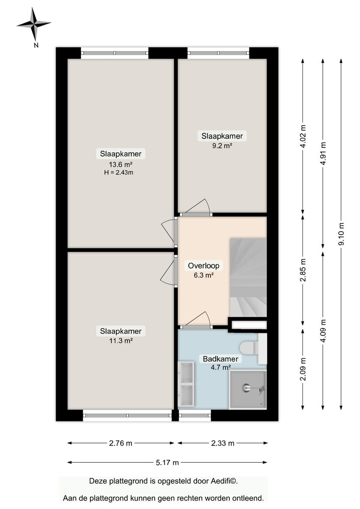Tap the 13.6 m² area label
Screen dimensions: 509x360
pyautogui.click(x=121, y=164)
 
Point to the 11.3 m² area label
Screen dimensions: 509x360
pyautogui.click(x=121, y=341)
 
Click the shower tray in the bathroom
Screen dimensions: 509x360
pyautogui.click(x=247, y=389)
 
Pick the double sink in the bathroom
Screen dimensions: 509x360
pyautogui.click(x=187, y=384)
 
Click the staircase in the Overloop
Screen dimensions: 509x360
pyautogui.click(x=248, y=277)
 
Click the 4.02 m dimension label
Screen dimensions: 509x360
pyautogui.click(x=303, y=136)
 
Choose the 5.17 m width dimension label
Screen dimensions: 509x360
pyautogui.click(x=168, y=462)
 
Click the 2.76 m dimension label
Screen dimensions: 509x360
pyautogui.click(x=121, y=443)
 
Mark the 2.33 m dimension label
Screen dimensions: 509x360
pyautogui.click(x=222, y=443)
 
